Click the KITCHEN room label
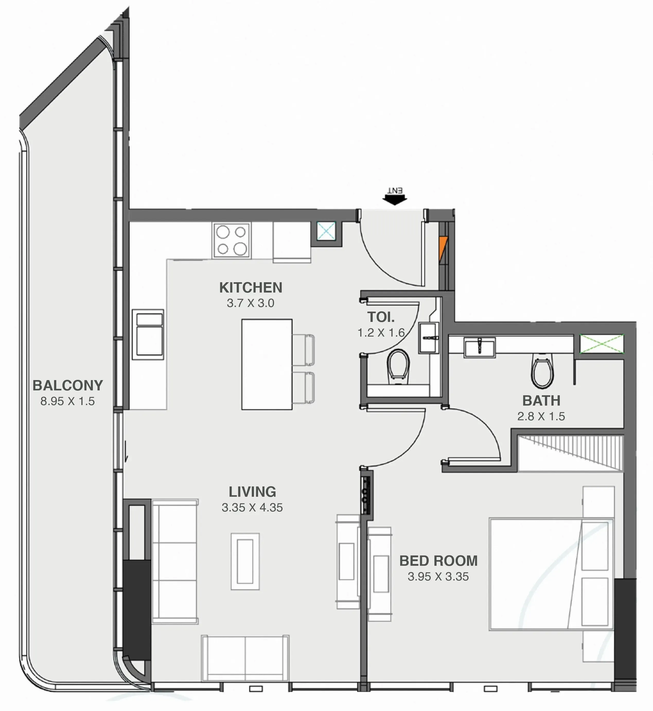251,288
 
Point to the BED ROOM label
438,561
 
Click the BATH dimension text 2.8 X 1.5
541,416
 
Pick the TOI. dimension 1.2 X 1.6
381,332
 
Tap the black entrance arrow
395,200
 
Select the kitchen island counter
267,364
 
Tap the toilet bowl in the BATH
542,372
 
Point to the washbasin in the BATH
480,347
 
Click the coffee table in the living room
245,561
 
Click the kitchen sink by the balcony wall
149,334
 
